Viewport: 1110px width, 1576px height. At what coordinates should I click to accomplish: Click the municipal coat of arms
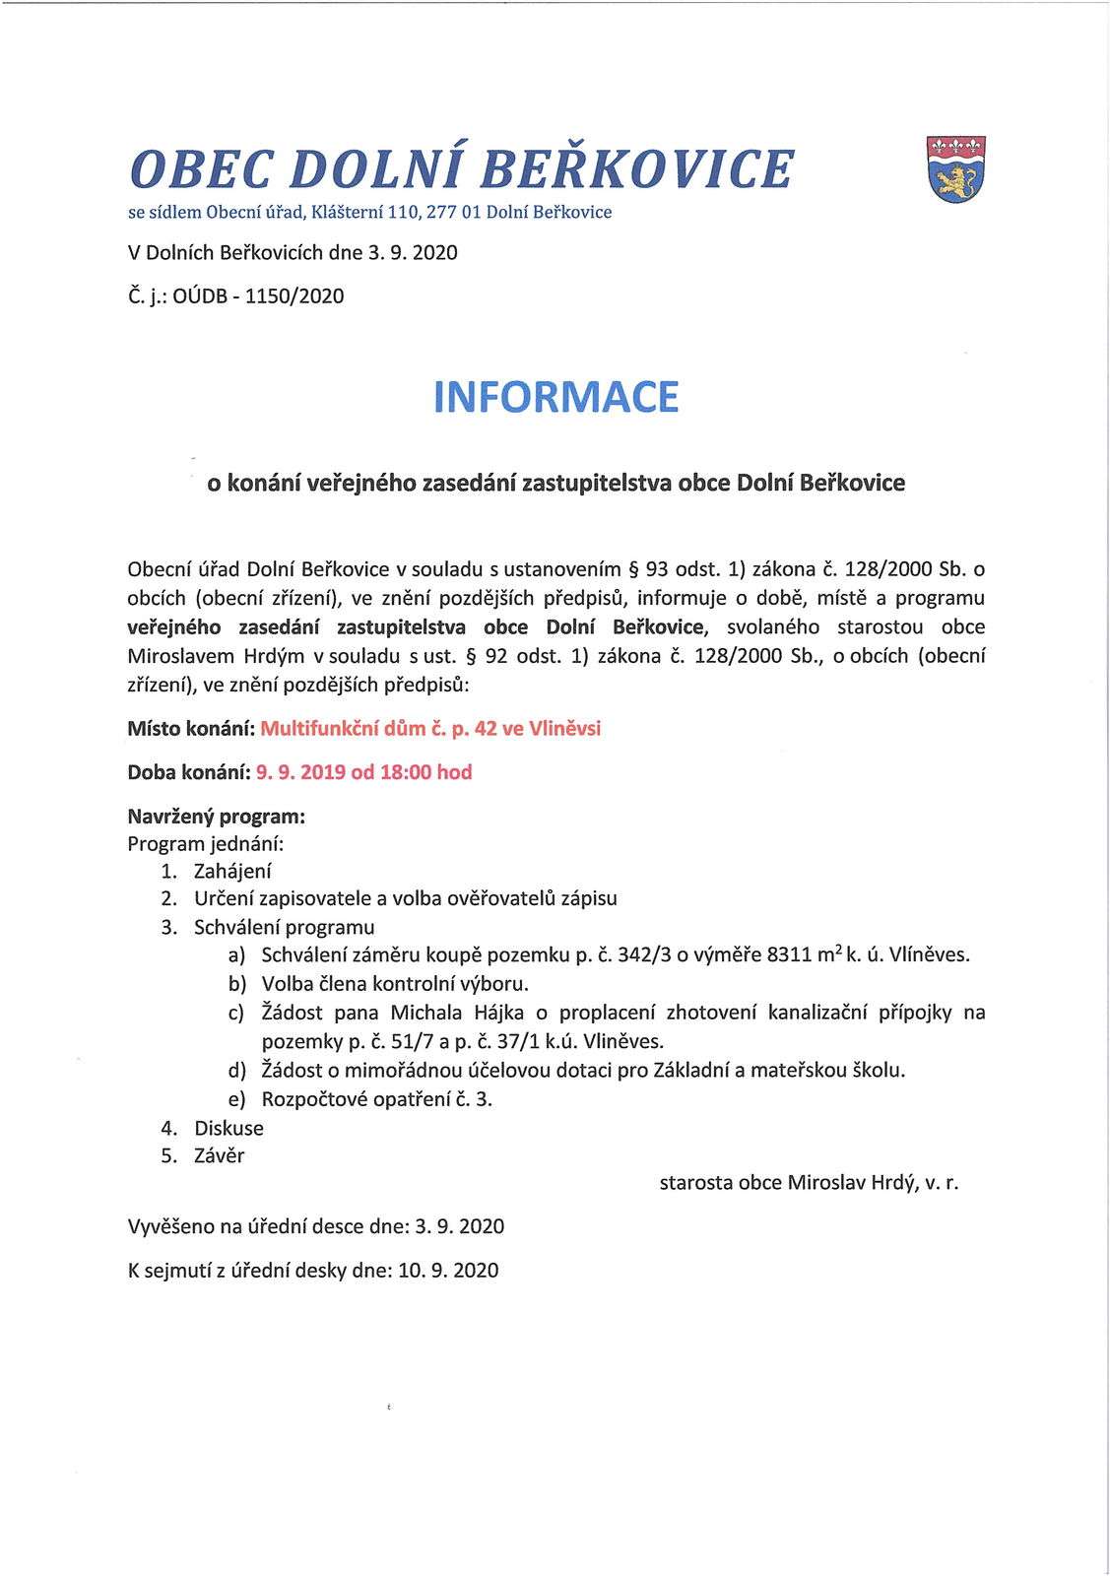pyautogui.click(x=955, y=169)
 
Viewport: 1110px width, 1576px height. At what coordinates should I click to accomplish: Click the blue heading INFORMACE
pyautogui.click(x=555, y=397)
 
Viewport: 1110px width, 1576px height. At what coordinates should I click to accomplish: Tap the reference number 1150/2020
pyautogui.click(x=294, y=296)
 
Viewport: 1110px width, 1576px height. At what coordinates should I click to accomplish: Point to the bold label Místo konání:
pyautogui.click(x=191, y=729)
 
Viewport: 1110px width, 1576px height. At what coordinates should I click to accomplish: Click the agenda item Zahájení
pyautogui.click(x=232, y=871)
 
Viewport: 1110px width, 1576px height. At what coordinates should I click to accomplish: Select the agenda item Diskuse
pyautogui.click(x=229, y=1128)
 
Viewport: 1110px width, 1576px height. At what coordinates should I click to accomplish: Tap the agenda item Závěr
pyautogui.click(x=219, y=1155)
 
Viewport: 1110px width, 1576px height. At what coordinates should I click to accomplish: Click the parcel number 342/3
pyautogui.click(x=644, y=954)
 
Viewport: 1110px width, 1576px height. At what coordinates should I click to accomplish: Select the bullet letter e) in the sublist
pyautogui.click(x=236, y=1100)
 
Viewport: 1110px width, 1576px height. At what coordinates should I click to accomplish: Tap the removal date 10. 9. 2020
pyautogui.click(x=448, y=1271)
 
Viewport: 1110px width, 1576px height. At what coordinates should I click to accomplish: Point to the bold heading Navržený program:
pyautogui.click(x=216, y=817)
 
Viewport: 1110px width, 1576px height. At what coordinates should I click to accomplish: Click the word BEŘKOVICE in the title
pyautogui.click(x=636, y=169)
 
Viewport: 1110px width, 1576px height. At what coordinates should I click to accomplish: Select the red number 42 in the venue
pyautogui.click(x=486, y=729)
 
